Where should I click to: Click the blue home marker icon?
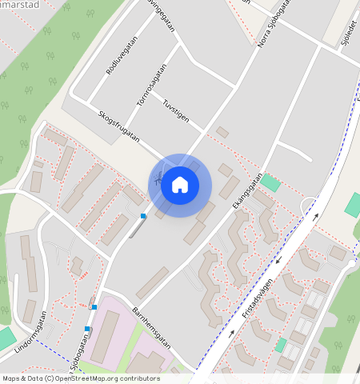(180, 185)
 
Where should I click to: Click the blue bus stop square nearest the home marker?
(143, 216)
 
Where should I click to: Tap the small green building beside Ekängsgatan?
(270, 182)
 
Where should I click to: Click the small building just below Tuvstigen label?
(222, 132)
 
